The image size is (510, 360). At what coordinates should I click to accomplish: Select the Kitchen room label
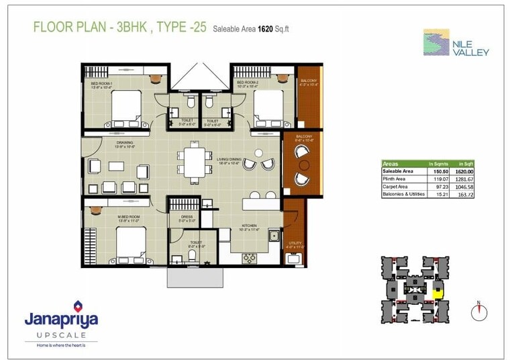250,226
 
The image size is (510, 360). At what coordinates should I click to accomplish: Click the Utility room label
295,243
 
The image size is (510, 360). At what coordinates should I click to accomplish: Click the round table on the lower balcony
304,165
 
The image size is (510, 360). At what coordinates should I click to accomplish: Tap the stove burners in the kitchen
250,258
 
